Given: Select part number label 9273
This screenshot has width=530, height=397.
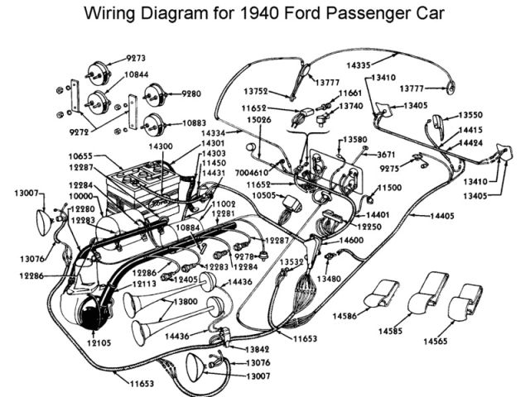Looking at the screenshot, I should point(137,58).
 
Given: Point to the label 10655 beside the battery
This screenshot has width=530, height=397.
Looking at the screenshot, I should point(82,155).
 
